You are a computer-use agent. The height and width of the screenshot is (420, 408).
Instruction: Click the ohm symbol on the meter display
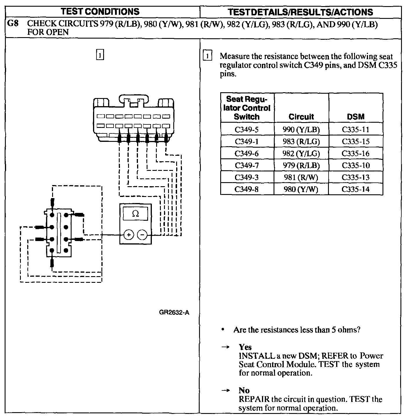pos(135,214)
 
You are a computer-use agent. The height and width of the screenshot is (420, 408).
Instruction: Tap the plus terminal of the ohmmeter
pos(129,234)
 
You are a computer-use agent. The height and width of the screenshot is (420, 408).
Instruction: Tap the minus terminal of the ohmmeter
pos(142,234)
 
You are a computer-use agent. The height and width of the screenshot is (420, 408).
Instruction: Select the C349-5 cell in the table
pos(247,130)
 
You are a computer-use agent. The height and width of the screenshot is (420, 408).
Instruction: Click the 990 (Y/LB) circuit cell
pos(301,130)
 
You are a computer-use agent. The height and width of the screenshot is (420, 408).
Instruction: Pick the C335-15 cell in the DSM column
pos(356,142)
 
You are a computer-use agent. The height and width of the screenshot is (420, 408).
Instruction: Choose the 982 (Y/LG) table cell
pos(301,153)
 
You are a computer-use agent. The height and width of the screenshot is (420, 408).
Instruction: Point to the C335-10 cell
pos(356,165)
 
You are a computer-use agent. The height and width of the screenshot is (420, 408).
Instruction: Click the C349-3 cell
pos(247,177)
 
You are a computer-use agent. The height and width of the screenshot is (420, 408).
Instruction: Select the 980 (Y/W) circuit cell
pos(301,189)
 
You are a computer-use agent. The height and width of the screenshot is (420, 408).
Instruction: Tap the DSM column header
pos(356,117)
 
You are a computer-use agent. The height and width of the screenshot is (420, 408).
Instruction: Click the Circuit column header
pos(301,117)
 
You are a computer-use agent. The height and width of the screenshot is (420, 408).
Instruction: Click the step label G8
pos(13,23)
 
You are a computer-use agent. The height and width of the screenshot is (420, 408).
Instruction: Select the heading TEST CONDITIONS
pos(101,12)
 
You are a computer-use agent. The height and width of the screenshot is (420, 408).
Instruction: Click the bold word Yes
pos(245,347)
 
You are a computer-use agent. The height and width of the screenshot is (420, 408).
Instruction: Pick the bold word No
pos(244,390)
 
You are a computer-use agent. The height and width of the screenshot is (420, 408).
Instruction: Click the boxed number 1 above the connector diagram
pos(100,55)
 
